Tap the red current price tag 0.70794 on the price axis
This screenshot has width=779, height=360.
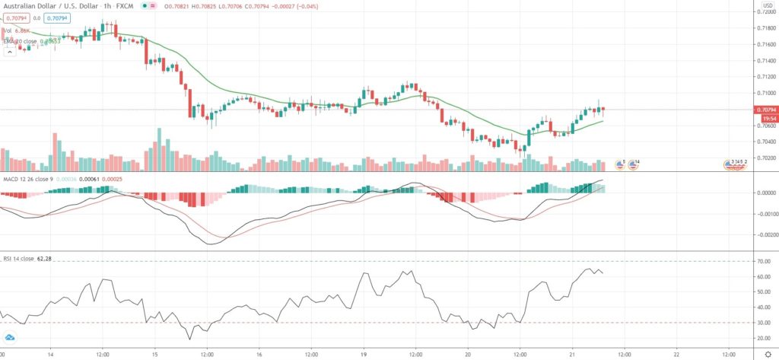pyautogui.click(x=765, y=110)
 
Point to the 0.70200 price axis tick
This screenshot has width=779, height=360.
pyautogui.click(x=765, y=158)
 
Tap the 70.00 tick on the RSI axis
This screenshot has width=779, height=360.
pyautogui.click(x=763, y=261)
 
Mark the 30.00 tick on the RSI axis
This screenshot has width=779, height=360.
pyautogui.click(x=763, y=323)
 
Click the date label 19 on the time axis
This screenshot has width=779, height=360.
pyautogui.click(x=364, y=354)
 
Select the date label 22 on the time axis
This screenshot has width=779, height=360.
pyautogui.click(x=676, y=354)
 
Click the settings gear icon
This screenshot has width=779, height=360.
pyautogui.click(x=767, y=354)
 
